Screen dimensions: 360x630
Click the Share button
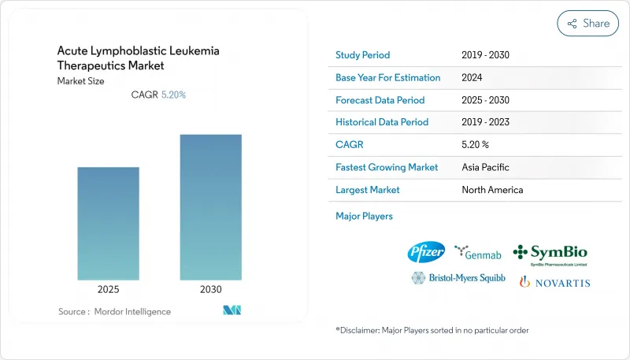pos(587,24)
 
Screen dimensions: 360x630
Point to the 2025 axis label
pos(109,289)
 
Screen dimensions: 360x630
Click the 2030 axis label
pos(211,289)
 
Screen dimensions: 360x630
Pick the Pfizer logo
pos(426,252)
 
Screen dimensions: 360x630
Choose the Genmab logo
pos(478,252)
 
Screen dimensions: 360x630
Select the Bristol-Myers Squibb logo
pos(458,278)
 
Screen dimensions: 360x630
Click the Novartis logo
pos(554,281)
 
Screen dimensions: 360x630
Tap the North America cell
pos(492,190)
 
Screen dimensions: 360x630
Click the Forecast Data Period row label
pos(380,100)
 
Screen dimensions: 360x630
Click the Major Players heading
pos(364,216)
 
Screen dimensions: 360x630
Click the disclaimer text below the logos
pos(432,330)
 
